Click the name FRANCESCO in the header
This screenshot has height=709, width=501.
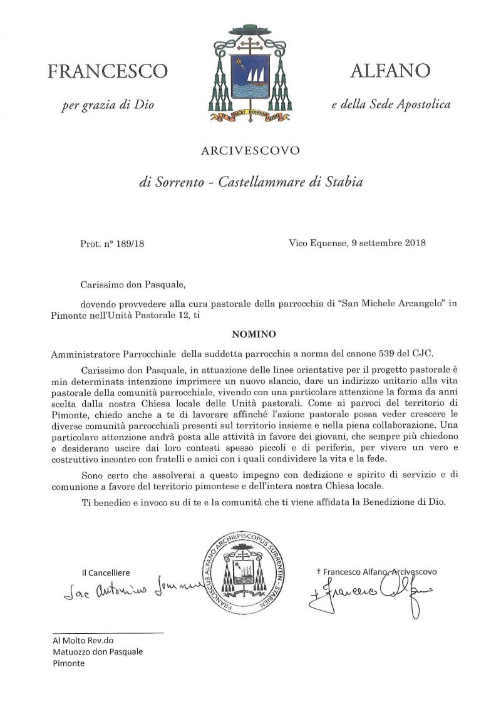(108, 71)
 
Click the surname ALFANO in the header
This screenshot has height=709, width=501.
(391, 71)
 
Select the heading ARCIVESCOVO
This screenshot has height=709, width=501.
(250, 150)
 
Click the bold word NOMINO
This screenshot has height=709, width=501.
(250, 334)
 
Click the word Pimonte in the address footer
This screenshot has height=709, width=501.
(68, 663)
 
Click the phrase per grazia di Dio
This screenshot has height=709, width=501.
(108, 105)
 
